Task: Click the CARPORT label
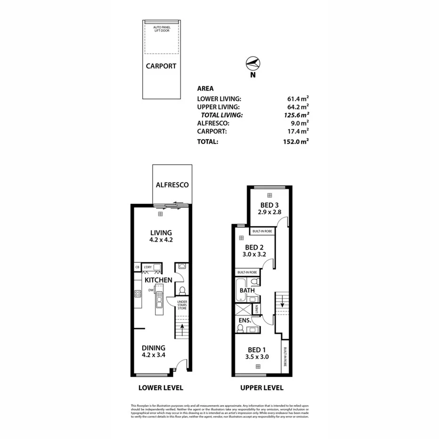tap(161, 66)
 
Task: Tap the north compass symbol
tap(253, 63)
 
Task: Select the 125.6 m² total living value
tap(298, 115)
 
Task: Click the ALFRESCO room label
tap(172, 185)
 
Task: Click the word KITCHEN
tap(158, 280)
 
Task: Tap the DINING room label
tap(154, 352)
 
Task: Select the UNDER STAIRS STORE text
tap(182, 306)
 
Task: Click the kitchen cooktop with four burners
tap(138, 294)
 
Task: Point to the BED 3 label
tap(269, 208)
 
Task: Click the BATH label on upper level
tap(248, 291)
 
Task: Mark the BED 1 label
tap(257, 354)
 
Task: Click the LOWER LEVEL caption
tap(161, 388)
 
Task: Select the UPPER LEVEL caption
tap(262, 388)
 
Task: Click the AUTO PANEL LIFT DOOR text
tap(161, 30)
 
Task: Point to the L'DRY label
tap(148, 268)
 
